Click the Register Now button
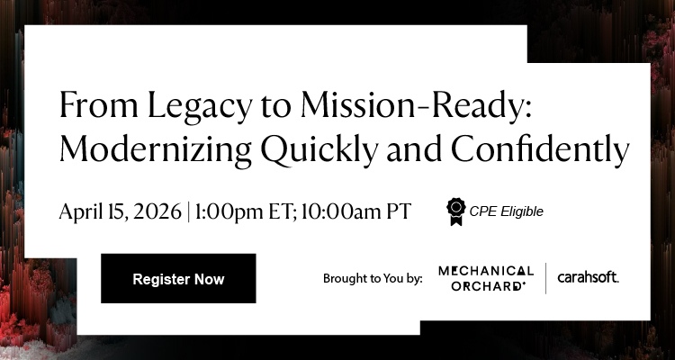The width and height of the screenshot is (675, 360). (x=178, y=279)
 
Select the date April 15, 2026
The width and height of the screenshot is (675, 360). (x=120, y=211)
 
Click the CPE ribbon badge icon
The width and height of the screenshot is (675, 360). (x=456, y=211)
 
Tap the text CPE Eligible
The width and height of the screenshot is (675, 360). (x=507, y=212)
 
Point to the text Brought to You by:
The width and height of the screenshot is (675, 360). (x=373, y=279)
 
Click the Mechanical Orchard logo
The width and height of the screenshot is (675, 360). (x=486, y=277)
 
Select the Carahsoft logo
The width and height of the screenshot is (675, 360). (x=588, y=277)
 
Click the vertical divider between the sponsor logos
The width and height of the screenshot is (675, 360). (x=546, y=278)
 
